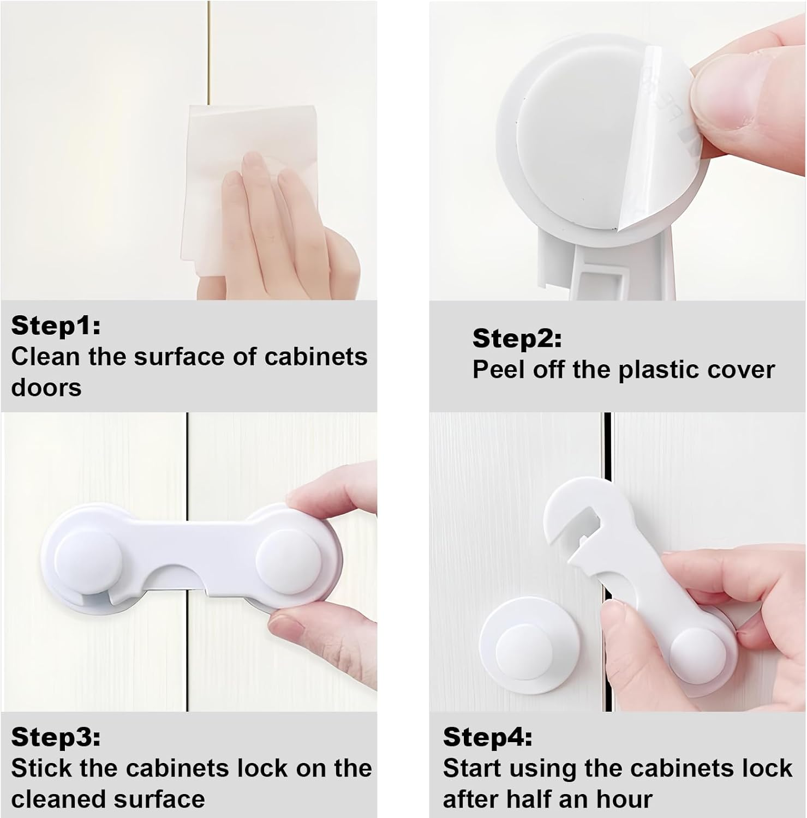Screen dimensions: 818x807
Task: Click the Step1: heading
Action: pos(56,326)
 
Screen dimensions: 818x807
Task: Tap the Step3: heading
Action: pos(56,737)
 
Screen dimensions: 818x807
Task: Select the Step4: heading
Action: pos(487,737)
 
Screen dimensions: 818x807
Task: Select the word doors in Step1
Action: pos(46,388)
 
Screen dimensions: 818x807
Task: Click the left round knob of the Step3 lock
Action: pos(87,562)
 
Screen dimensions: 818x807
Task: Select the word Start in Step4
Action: pos(473,768)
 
